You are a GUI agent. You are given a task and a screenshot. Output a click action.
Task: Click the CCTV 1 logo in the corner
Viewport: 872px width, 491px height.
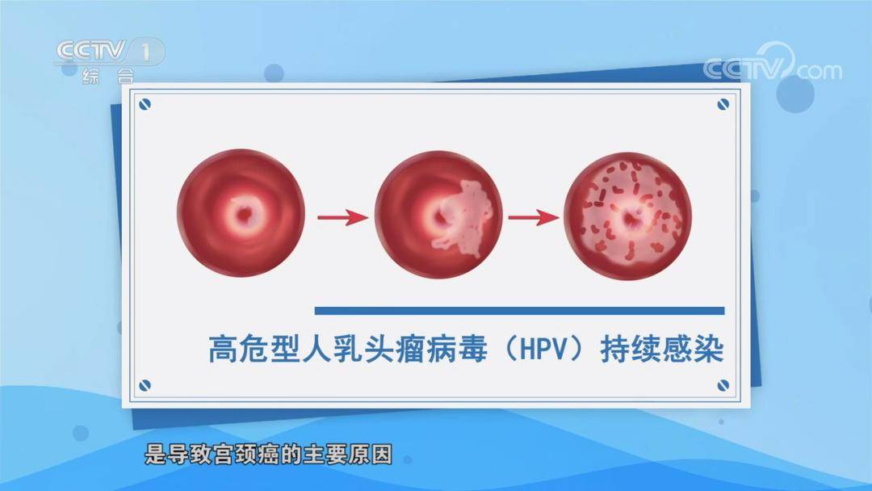tap(109, 52)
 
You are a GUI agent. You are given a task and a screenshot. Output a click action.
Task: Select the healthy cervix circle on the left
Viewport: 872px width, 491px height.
tap(241, 216)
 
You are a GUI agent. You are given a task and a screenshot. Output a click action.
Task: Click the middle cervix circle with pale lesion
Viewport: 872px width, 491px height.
tap(438, 216)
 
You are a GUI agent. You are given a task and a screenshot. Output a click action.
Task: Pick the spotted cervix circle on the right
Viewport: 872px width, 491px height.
tap(627, 216)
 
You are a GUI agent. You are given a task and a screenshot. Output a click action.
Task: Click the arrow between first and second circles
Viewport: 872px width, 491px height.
tap(342, 217)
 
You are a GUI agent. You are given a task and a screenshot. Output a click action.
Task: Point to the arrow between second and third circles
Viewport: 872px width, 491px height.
tap(533, 217)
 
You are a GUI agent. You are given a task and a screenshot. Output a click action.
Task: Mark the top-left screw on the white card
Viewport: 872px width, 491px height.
tap(145, 103)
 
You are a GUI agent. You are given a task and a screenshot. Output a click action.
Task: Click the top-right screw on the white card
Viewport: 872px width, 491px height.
tap(723, 103)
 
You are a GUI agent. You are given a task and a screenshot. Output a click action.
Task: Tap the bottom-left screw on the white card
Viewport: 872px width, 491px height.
tap(145, 385)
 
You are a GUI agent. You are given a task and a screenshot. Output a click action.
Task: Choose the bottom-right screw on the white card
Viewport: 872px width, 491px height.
tap(723, 385)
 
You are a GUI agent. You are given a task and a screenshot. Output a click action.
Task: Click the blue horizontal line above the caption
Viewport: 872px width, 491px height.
tap(519, 310)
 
